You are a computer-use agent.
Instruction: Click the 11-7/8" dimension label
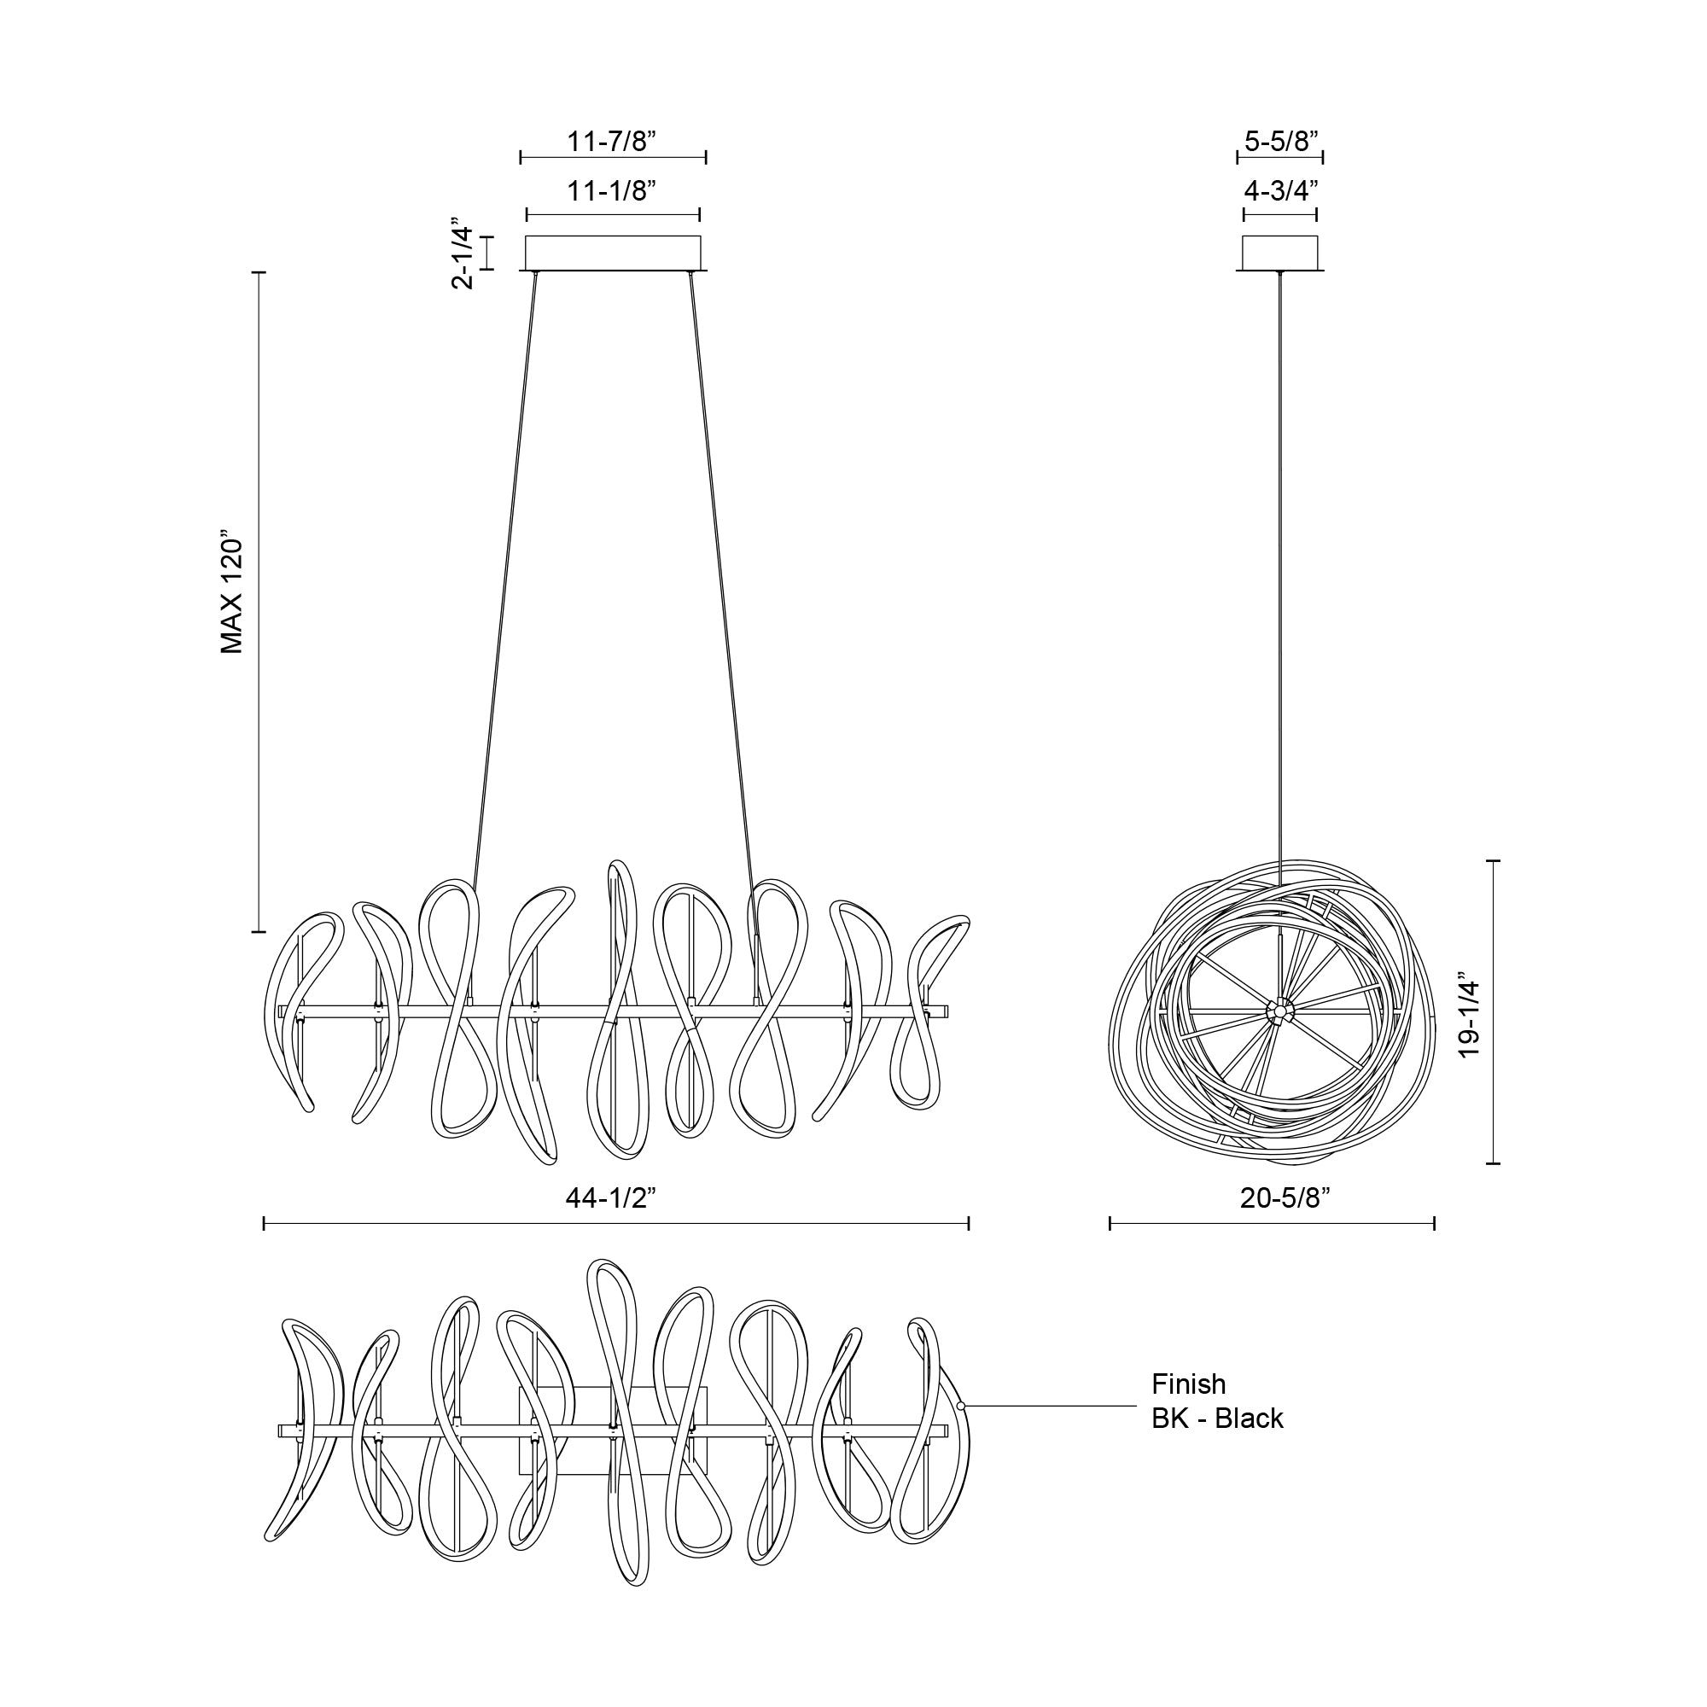pos(611,142)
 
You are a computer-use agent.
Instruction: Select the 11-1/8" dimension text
pos(611,191)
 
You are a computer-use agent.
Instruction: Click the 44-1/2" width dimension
pos(610,1198)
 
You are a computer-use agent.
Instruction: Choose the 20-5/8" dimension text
pos(1285,1198)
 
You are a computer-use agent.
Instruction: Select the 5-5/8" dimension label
pos(1281,142)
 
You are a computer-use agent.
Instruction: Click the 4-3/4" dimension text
pos(1281,191)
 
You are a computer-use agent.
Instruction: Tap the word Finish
pos(1188,1384)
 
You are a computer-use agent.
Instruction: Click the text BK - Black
pos(1216,1418)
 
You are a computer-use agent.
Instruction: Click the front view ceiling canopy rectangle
pos(613,253)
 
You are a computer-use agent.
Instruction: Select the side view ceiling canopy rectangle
pos(1279,253)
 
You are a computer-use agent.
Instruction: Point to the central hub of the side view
pos(1278,1010)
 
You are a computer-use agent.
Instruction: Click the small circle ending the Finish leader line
pos(960,1405)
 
